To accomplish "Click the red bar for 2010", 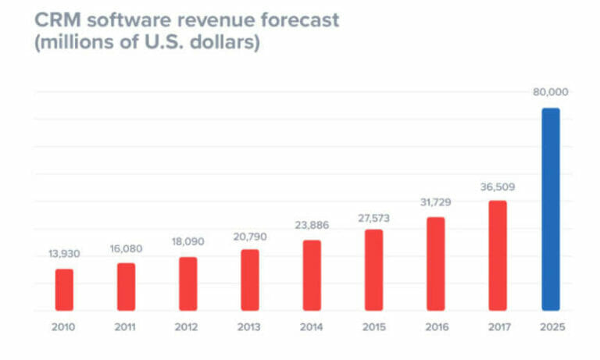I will [64, 290].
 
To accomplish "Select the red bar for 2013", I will [250, 280].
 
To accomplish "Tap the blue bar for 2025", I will [551, 209].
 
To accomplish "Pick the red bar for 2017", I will [498, 255].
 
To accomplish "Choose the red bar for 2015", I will [374, 269].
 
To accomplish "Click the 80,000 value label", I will [551, 92].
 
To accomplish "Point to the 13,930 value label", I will [64, 255].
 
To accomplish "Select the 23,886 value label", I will [312, 225].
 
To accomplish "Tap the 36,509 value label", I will [498, 187].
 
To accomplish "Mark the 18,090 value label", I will [187, 242].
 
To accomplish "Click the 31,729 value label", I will [436, 202].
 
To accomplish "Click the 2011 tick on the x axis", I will [126, 327].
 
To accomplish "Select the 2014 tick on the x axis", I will [312, 327].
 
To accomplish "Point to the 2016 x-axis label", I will [436, 327].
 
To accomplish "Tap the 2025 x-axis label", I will [551, 327].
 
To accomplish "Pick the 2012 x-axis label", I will [187, 327].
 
